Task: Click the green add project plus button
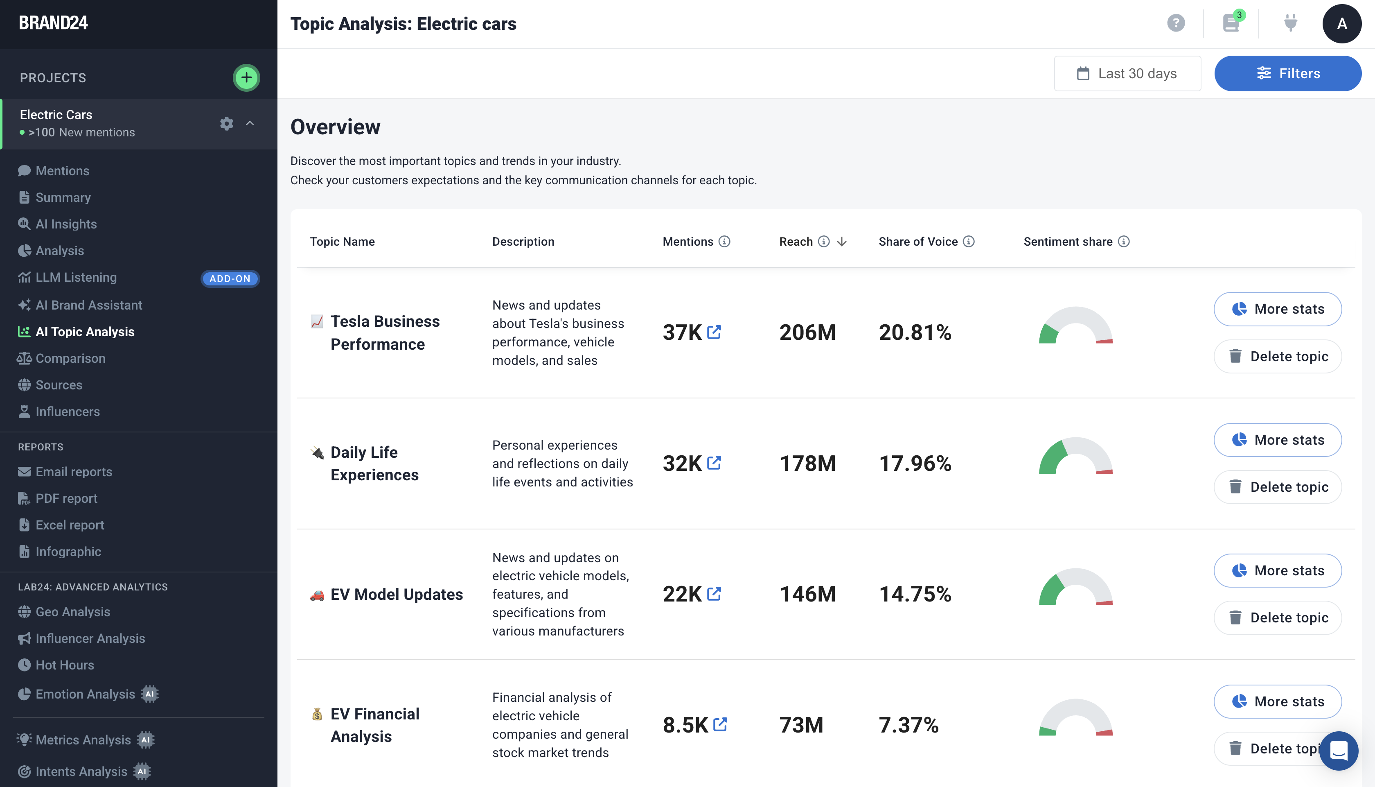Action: click(246, 78)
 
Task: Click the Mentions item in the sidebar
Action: click(62, 171)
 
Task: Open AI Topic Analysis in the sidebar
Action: click(85, 332)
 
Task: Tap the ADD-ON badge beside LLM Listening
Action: click(230, 278)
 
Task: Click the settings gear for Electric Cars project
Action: click(227, 123)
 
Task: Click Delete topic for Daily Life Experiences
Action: click(1277, 487)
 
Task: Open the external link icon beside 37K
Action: click(714, 332)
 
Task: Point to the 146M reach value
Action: click(807, 594)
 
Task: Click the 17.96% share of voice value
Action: click(915, 463)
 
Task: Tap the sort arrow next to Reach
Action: click(841, 242)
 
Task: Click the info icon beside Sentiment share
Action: click(1124, 242)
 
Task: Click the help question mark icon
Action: click(1176, 23)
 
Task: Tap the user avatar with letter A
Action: click(1341, 23)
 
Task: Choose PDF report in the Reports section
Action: click(66, 498)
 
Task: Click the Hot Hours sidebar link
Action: click(65, 665)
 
